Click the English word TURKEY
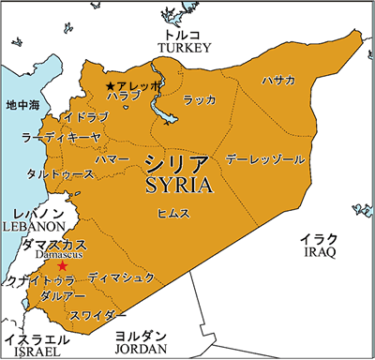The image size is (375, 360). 185,47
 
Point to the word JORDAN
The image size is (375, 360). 141,349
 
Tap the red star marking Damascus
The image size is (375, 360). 63,266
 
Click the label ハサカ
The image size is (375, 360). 278,80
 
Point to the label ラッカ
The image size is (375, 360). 199,99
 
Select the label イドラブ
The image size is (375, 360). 85,116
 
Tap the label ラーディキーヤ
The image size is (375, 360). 59,138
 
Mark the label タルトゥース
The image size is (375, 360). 60,174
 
